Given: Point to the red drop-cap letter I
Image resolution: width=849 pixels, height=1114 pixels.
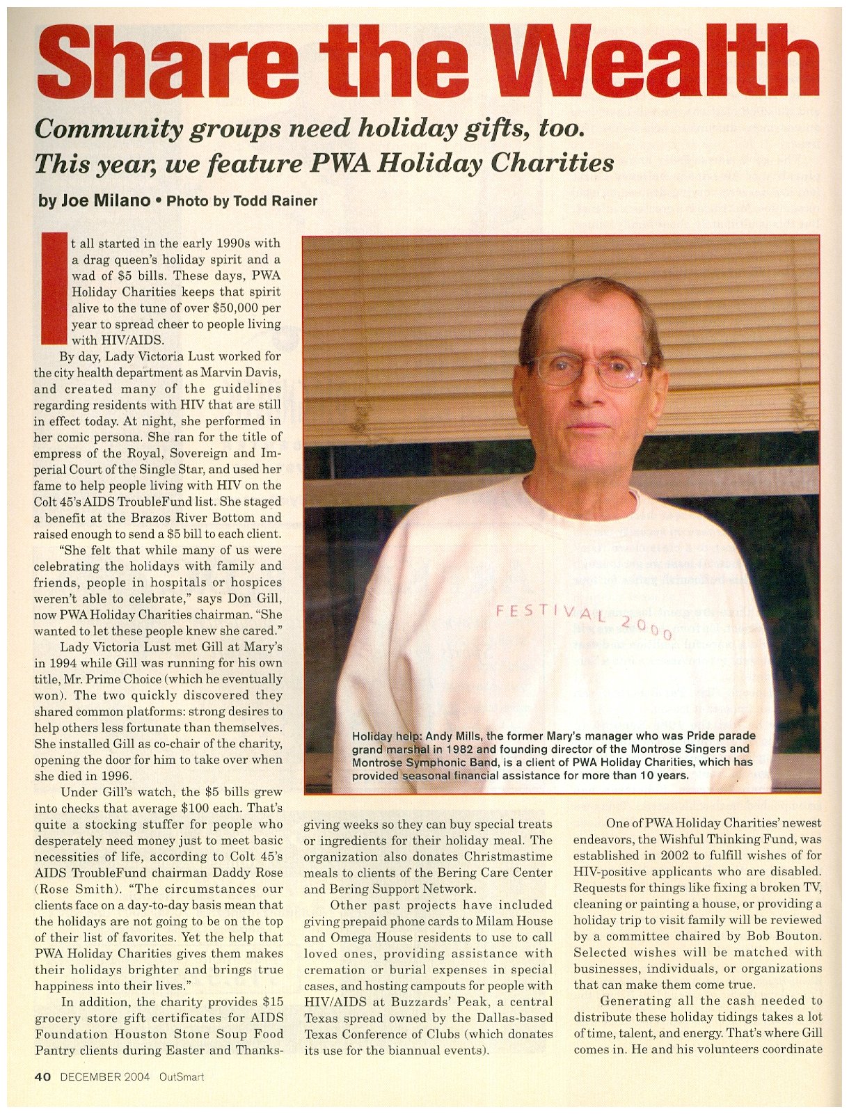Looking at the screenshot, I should [x=53, y=289].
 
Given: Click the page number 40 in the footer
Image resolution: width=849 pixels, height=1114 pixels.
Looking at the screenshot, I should [x=43, y=1077].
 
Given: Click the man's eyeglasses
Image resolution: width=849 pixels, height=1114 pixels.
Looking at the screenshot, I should [x=589, y=369].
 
